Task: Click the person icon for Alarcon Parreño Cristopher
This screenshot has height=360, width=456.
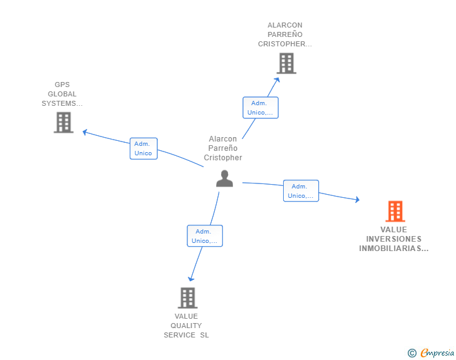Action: click(x=224, y=178)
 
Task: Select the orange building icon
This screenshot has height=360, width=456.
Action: click(x=395, y=212)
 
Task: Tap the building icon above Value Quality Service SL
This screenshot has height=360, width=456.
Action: click(x=188, y=298)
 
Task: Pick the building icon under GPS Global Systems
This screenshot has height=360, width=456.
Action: click(x=63, y=123)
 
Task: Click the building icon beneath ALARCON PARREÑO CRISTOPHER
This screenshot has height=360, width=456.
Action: click(x=286, y=63)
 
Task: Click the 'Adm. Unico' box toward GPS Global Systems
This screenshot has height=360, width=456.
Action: click(x=143, y=148)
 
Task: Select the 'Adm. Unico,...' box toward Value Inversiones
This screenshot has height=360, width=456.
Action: click(x=301, y=191)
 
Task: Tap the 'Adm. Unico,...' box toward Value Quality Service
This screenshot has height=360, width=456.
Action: click(x=205, y=236)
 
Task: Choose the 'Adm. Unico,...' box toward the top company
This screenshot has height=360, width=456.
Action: click(x=260, y=108)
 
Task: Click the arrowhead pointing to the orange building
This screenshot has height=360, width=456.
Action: click(x=357, y=200)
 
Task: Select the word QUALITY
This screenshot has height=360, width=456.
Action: click(x=187, y=326)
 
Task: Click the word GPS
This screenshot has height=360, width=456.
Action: click(x=62, y=85)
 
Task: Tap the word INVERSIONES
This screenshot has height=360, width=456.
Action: click(x=393, y=239)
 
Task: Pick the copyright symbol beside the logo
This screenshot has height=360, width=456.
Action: click(x=412, y=353)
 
